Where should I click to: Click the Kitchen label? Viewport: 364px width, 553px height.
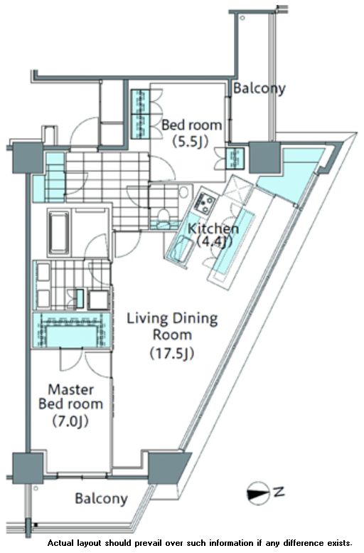pos(213,228)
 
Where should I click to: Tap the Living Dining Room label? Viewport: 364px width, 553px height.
pos(172,326)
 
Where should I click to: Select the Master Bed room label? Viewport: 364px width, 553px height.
pos(70,396)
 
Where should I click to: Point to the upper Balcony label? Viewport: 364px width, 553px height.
pos(259,88)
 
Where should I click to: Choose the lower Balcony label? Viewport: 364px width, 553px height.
pos(101,499)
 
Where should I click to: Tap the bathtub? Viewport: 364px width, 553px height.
pos(58,233)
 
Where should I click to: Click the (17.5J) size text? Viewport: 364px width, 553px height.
pos(172,353)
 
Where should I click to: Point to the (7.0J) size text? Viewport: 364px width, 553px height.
pos(70,421)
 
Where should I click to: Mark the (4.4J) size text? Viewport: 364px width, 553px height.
pos(213,242)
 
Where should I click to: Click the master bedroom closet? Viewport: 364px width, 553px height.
pos(72,331)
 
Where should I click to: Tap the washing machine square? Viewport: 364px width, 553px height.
pos(98,300)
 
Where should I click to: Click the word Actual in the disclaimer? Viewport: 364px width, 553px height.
pos(60,543)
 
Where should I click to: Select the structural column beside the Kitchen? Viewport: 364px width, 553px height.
pos(265,157)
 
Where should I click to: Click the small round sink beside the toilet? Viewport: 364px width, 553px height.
pos(183,193)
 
